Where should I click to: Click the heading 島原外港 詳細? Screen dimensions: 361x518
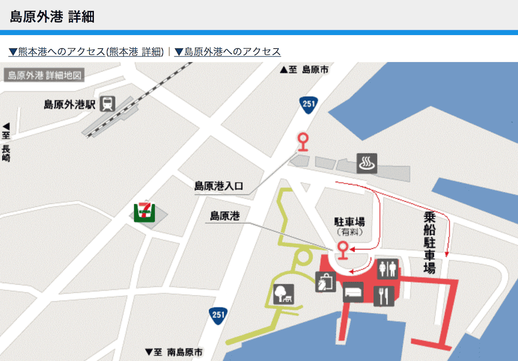pyautogui.click(x=52, y=17)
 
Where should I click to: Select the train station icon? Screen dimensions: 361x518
pyautogui.click(x=107, y=104)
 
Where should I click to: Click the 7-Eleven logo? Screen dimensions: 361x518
pyautogui.click(x=143, y=212)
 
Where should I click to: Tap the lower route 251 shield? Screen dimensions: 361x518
pyautogui.click(x=218, y=316)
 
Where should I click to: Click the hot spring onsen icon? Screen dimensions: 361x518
pyautogui.click(x=367, y=163)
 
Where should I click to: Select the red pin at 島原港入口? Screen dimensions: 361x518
pyautogui.click(x=302, y=141)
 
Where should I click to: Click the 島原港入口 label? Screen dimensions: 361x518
pyautogui.click(x=219, y=186)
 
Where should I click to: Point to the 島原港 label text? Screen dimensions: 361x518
pyautogui.click(x=224, y=217)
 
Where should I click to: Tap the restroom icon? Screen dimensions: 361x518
pyautogui.click(x=388, y=268)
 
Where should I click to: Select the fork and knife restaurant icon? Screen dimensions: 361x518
pyautogui.click(x=383, y=296)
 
